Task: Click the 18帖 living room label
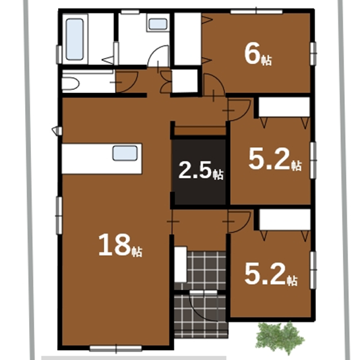click(121, 245)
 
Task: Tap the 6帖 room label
click(258, 55)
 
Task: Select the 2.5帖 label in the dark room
click(200, 170)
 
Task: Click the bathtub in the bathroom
click(75, 39)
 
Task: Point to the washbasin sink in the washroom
click(158, 24)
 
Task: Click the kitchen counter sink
click(125, 153)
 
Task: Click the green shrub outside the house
click(280, 338)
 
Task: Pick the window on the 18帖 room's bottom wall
click(116, 349)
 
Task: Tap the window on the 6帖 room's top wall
click(256, 11)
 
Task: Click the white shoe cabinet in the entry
click(181, 264)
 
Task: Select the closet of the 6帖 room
click(188, 39)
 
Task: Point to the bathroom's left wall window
click(59, 55)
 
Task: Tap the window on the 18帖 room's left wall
click(59, 216)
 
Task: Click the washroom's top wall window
click(130, 12)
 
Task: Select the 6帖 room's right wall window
click(313, 53)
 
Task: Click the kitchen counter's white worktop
click(102, 159)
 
